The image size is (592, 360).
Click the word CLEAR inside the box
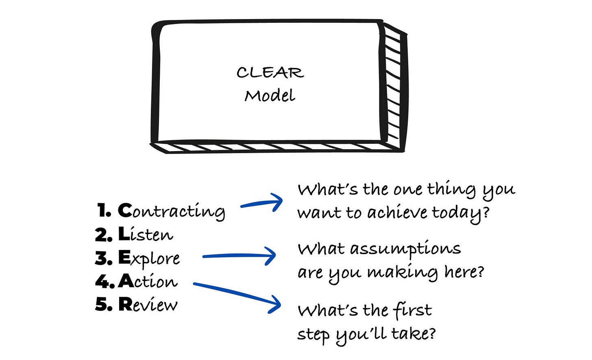pos(270,73)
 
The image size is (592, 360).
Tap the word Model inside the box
pos(270,96)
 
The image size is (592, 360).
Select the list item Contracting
pos(171,211)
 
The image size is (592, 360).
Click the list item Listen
pos(146,234)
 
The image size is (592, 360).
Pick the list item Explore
pos(149,258)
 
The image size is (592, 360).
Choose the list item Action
pos(148,281)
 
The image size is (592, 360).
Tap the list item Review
pos(148,305)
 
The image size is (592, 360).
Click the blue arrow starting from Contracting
pos(261,203)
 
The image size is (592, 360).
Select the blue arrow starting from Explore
pos(239,256)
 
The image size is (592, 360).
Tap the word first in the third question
pos(412,311)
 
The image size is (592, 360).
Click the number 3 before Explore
pos(102,258)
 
